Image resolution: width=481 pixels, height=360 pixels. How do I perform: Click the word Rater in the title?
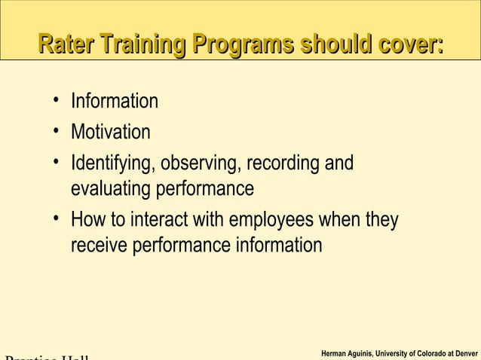pyautogui.click(x=66, y=44)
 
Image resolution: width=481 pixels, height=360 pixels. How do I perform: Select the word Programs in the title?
pyautogui.click(x=243, y=44)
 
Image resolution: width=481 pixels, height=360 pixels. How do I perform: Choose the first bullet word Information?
pyautogui.click(x=114, y=101)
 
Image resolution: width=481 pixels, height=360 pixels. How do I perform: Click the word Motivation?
pyautogui.click(x=110, y=133)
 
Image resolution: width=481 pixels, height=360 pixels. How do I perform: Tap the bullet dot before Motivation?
pyautogui.click(x=57, y=132)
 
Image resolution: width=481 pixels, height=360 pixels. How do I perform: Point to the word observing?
pyautogui.click(x=198, y=164)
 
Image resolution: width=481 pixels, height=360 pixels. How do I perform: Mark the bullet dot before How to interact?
pyautogui.click(x=57, y=221)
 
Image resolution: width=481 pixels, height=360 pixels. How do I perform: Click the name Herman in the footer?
pyautogui.click(x=335, y=353)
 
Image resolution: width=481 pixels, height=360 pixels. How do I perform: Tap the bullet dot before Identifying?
pyautogui.click(x=57, y=163)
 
